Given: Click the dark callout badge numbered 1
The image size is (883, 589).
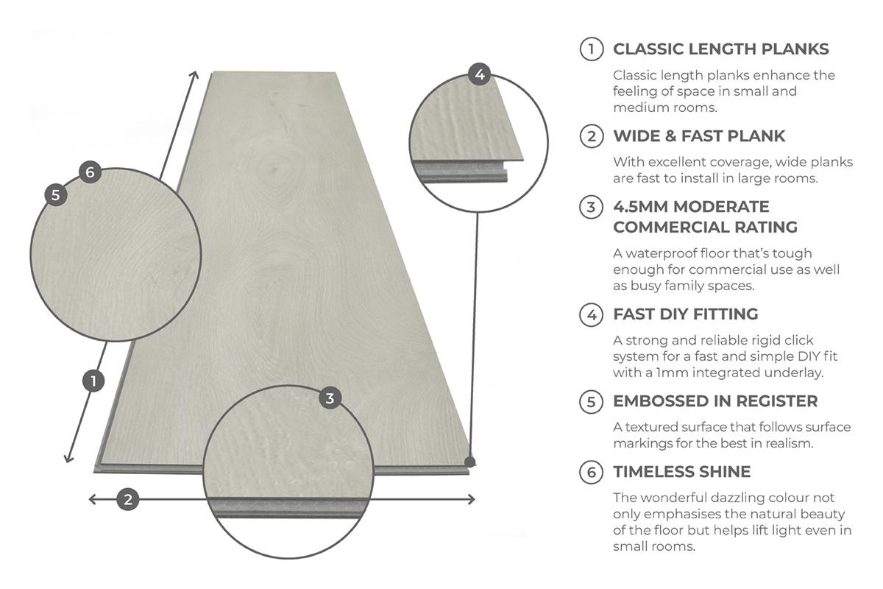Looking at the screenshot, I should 93,381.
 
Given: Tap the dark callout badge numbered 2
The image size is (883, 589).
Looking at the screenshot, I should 128,499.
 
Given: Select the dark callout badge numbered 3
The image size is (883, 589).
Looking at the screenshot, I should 330,398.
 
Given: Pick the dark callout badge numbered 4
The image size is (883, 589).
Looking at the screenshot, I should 479,74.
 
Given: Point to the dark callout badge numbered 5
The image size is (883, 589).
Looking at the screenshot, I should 55,195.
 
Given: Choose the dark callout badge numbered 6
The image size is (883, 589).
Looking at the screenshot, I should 90,172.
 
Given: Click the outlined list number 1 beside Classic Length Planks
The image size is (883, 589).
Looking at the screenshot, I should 591,49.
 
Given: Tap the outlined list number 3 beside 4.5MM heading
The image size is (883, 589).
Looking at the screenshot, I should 591,207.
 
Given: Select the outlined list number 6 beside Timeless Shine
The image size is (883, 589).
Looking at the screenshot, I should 591,472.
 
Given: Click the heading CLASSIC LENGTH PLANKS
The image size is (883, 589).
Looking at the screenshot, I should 720,49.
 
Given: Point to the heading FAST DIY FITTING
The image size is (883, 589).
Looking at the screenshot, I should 685,314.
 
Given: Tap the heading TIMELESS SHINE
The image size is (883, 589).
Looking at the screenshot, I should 681,472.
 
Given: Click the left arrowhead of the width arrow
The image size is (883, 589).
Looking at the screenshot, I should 91,499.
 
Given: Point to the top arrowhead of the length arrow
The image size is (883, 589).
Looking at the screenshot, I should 195,74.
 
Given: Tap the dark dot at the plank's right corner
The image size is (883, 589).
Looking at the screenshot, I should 470,462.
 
